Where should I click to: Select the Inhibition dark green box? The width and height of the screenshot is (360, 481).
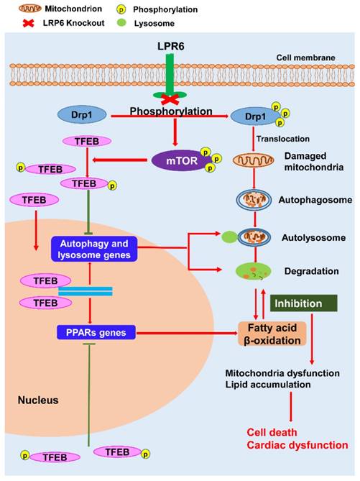click(x=303, y=304)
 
